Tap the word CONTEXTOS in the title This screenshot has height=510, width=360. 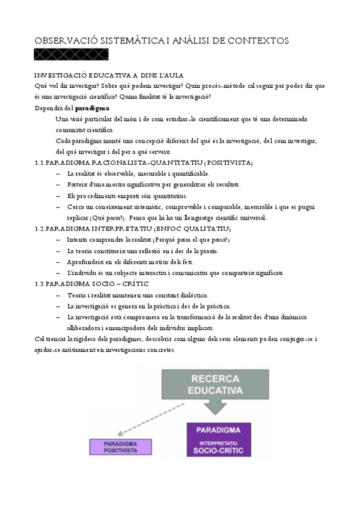click(259, 40)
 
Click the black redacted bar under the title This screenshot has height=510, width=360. click(72, 55)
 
